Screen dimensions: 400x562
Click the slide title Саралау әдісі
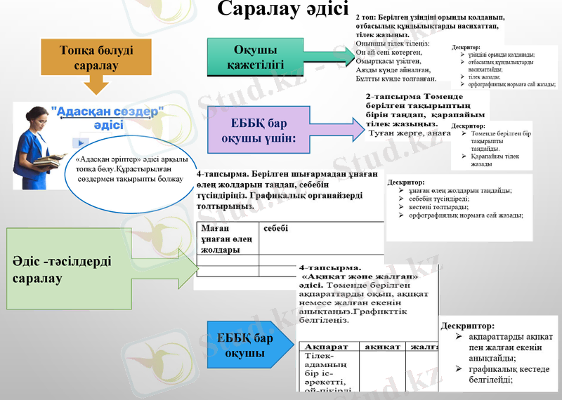tap(282, 10)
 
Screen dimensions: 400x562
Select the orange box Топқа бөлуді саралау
tap(96, 56)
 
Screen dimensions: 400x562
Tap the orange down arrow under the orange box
tap(96, 85)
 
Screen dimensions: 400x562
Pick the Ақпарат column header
tap(327, 346)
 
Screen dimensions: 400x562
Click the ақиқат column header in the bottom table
tap(383, 346)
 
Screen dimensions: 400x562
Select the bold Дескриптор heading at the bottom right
tap(466, 326)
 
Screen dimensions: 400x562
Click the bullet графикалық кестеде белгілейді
tap(503, 374)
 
